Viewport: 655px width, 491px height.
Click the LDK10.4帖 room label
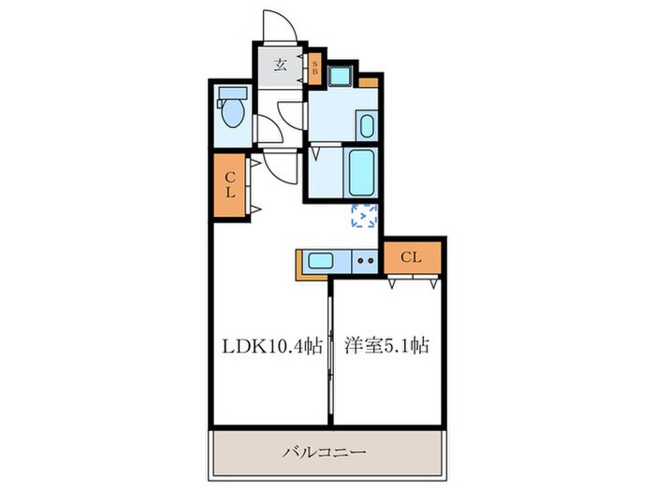[x=272, y=346]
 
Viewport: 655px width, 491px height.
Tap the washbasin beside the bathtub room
[x=365, y=124]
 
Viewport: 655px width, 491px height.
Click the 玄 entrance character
[x=280, y=65]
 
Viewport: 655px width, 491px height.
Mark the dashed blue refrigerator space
[x=363, y=216]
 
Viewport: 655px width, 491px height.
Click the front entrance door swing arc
[x=282, y=26]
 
